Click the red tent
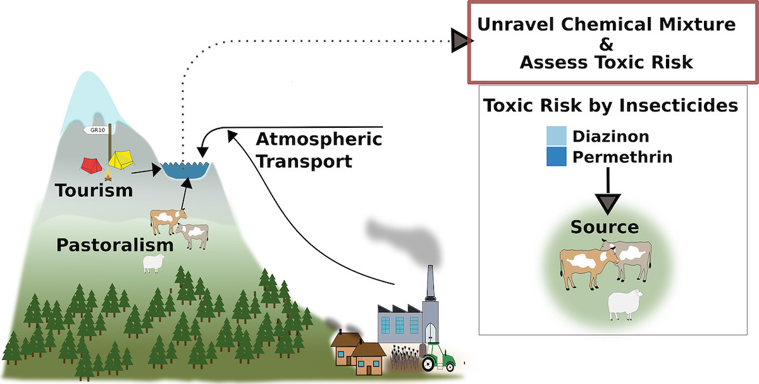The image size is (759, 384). pyautogui.click(x=92, y=166)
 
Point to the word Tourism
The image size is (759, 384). pyautogui.click(x=94, y=190)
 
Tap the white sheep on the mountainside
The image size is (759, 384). pyautogui.click(x=154, y=264)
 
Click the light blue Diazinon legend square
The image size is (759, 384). pyautogui.click(x=557, y=136)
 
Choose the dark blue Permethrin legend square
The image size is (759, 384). pyautogui.click(x=557, y=156)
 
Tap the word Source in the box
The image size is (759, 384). pyautogui.click(x=605, y=226)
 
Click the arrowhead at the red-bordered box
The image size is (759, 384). pyautogui.click(x=460, y=42)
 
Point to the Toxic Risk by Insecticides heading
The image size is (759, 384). pyautogui.click(x=610, y=105)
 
